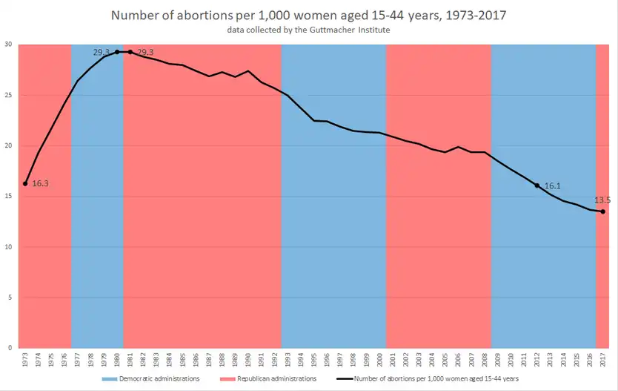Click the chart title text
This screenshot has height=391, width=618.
(x=309, y=14)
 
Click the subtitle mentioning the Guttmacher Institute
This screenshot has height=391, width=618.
(x=309, y=30)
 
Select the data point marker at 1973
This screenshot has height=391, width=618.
(x=25, y=183)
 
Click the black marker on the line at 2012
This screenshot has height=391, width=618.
(x=537, y=185)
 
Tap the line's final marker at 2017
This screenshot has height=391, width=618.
(x=602, y=211)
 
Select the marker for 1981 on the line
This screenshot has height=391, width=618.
(x=130, y=52)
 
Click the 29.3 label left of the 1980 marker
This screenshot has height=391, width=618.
(x=102, y=53)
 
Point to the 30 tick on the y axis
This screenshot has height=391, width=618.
(x=7, y=45)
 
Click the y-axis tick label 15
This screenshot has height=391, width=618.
(x=7, y=197)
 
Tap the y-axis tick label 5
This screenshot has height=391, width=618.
(x=10, y=298)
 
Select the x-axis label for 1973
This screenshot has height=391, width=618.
(x=25, y=360)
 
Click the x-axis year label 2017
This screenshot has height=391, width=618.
(x=603, y=360)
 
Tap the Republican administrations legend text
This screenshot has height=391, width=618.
(x=278, y=378)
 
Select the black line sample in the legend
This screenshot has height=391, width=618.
(x=341, y=378)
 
